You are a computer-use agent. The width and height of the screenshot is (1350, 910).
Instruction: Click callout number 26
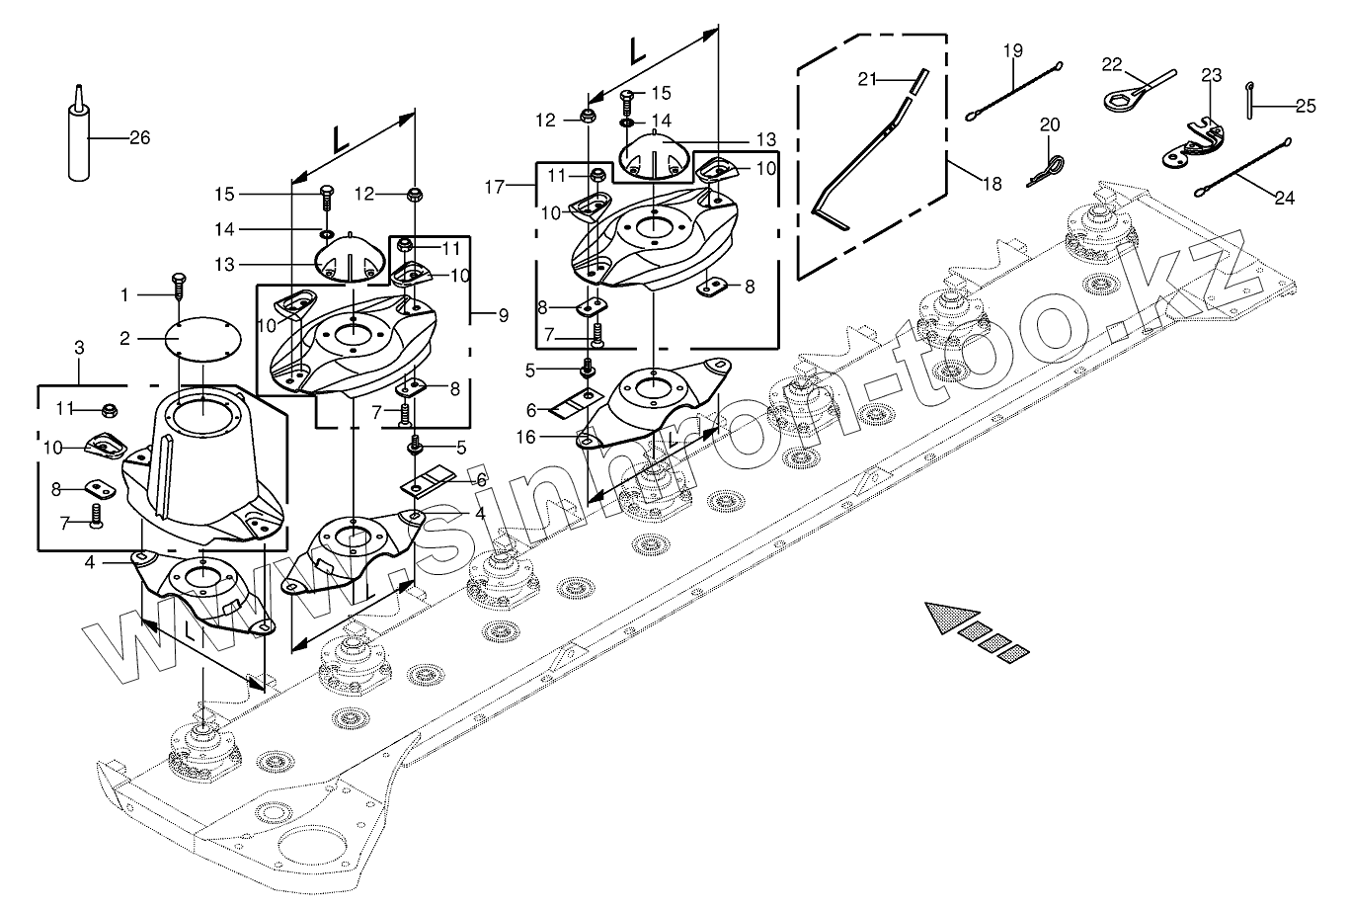tap(139, 137)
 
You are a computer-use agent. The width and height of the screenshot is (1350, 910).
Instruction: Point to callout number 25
tap(1306, 106)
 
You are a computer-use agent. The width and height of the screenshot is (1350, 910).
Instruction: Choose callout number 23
tap(1212, 74)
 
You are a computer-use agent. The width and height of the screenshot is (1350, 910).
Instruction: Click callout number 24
tap(1284, 197)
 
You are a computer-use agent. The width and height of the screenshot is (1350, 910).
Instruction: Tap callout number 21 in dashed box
tap(867, 79)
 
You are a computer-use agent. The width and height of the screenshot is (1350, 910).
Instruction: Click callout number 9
tap(503, 315)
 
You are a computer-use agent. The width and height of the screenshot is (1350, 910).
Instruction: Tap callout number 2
tap(124, 338)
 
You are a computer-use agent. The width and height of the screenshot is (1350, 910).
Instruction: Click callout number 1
tap(124, 293)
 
